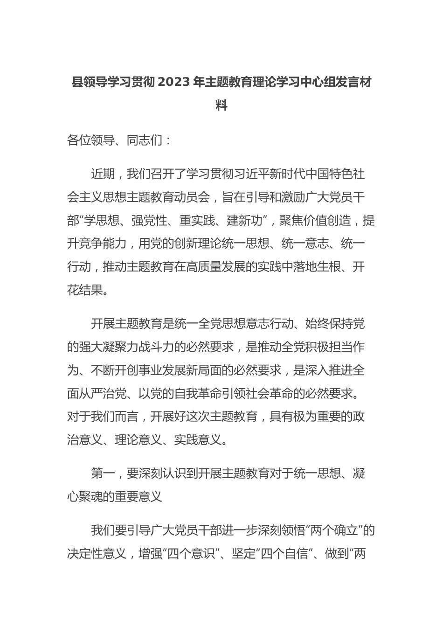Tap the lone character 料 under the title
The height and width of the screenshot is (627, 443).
(x=221, y=105)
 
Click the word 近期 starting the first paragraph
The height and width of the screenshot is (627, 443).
(x=103, y=174)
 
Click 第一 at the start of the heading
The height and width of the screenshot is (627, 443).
(x=103, y=474)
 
